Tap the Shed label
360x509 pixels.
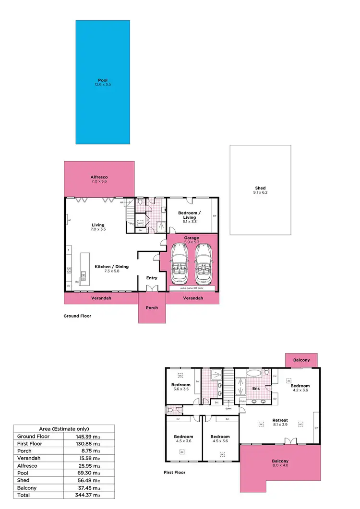(260, 189)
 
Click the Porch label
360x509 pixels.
(152, 308)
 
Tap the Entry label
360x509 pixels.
(152, 278)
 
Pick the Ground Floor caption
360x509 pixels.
(77, 316)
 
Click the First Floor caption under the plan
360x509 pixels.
(175, 473)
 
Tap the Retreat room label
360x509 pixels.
(280, 420)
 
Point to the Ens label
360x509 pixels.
(256, 389)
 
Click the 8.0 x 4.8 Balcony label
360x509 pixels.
(280, 461)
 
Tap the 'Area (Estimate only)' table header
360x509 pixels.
(64, 429)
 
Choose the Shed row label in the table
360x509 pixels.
(23, 480)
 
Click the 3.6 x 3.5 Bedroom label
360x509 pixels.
(181, 385)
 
